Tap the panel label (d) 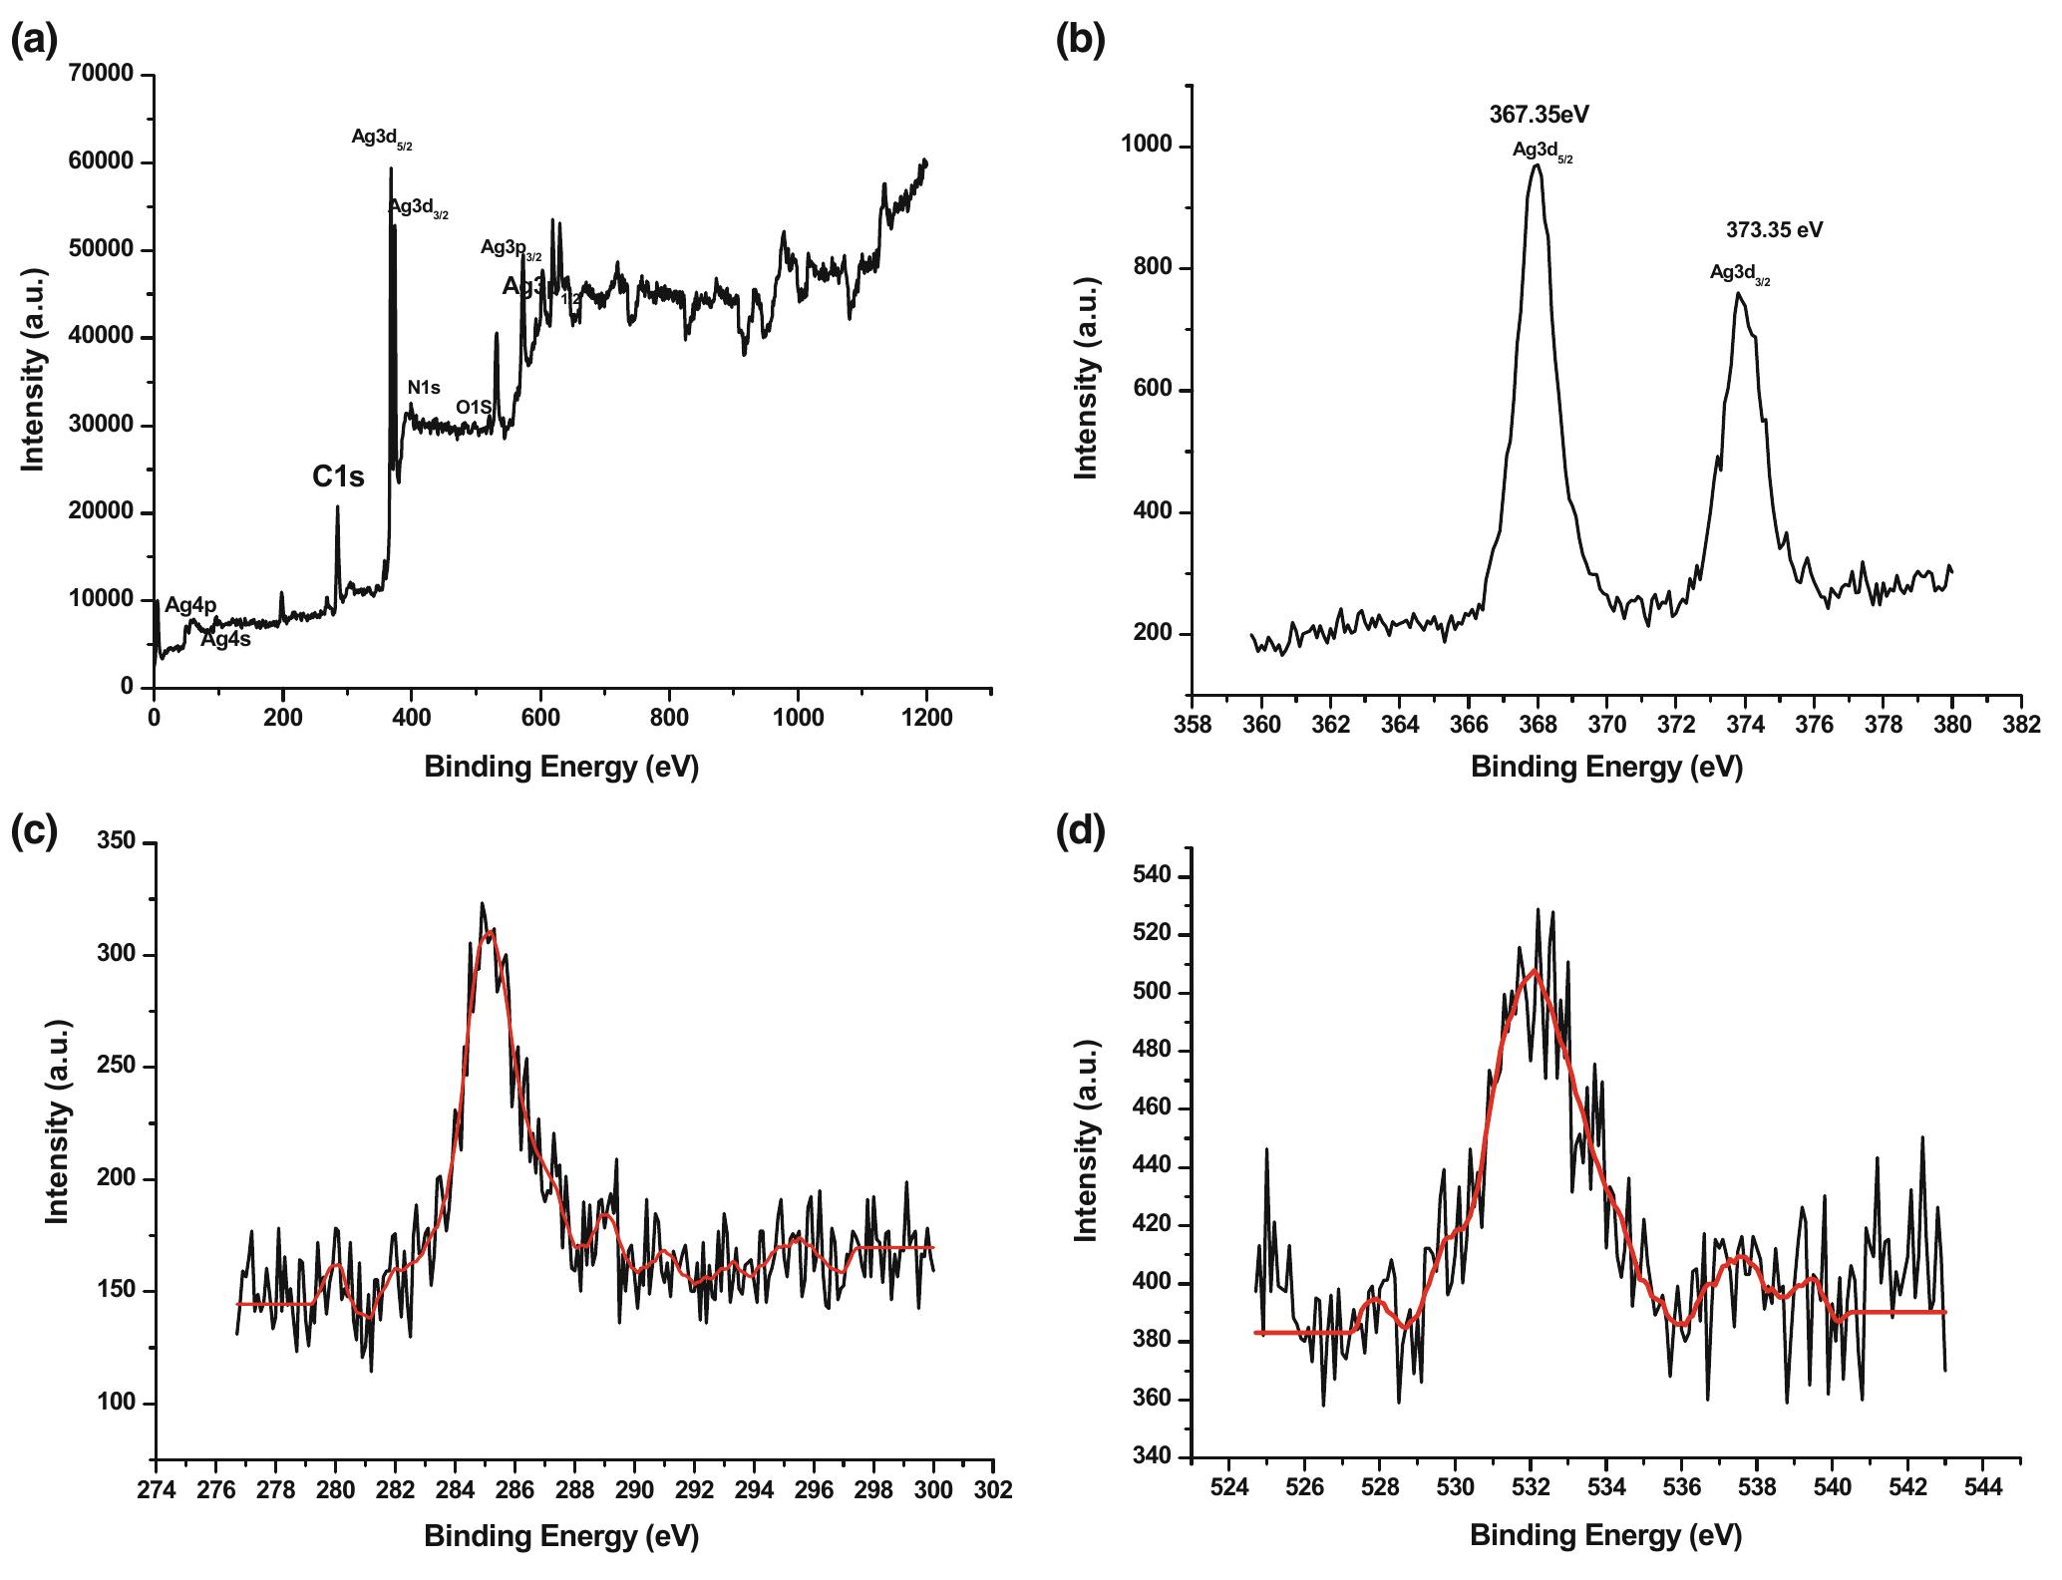click(x=1080, y=829)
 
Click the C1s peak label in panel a click(x=338, y=477)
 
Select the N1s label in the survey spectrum click(x=424, y=388)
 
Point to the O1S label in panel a click(x=474, y=407)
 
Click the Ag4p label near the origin click(x=190, y=605)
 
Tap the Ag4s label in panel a click(x=225, y=640)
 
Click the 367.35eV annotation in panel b click(x=1539, y=115)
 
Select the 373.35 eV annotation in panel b click(x=1774, y=230)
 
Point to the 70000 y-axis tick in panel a click(x=103, y=75)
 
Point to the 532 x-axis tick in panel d click(x=1532, y=1489)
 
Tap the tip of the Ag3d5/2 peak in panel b click(x=1537, y=165)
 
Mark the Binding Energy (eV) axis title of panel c click(x=561, y=1536)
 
